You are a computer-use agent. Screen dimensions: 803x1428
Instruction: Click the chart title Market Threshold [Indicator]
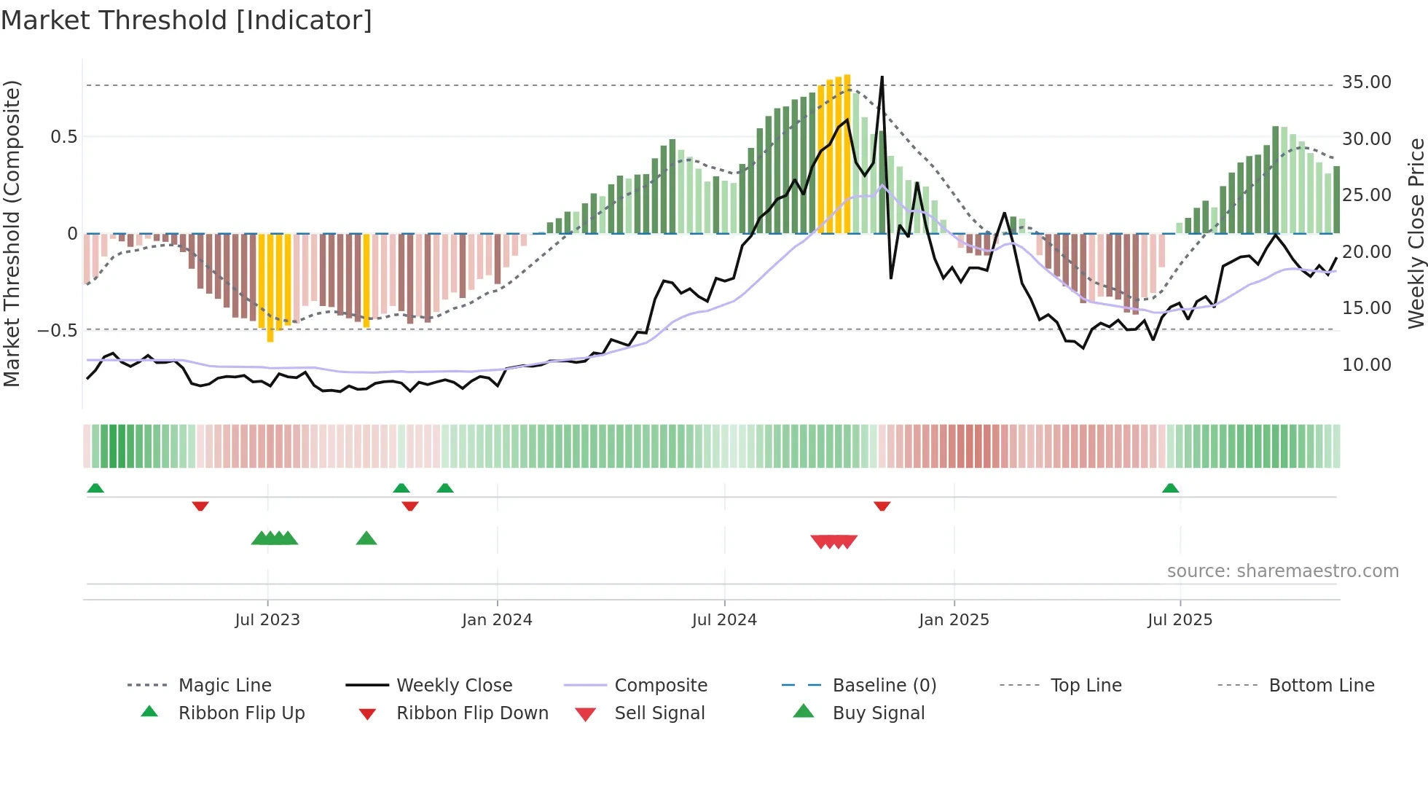(187, 20)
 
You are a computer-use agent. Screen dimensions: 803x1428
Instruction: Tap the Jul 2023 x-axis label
(267, 620)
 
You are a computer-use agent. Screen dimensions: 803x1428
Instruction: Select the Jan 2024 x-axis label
(497, 620)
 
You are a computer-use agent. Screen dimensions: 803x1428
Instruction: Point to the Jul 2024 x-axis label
(724, 620)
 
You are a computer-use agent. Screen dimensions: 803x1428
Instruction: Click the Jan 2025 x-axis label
(954, 620)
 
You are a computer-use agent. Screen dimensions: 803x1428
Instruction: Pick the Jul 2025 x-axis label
(1180, 620)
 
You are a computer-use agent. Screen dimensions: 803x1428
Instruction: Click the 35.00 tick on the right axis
(1366, 82)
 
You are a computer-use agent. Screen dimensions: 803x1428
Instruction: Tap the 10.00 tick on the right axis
(1366, 365)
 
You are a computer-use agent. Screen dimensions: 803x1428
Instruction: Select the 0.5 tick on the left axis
(64, 137)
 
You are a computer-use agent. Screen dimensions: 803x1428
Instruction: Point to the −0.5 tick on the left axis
(58, 331)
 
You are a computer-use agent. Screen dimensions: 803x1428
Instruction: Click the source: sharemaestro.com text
(1282, 571)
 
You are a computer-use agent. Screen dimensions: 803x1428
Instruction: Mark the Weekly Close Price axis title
(1416, 233)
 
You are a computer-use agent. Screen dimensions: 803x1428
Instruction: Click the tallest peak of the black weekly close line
(882, 77)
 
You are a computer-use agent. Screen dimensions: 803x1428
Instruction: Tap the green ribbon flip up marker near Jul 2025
(1170, 488)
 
